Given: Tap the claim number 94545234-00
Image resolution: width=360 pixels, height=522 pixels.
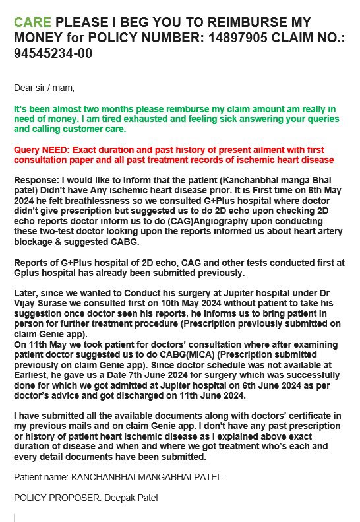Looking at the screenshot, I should (53, 53).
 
